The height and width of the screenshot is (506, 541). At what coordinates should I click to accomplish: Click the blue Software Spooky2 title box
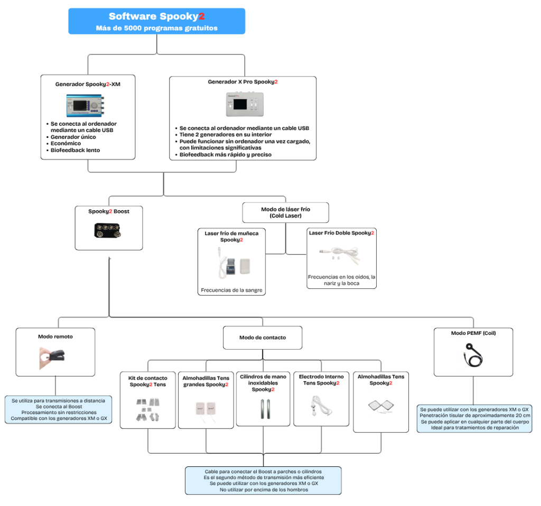click(156, 21)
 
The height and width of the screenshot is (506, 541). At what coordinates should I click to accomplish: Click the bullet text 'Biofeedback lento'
click(75, 150)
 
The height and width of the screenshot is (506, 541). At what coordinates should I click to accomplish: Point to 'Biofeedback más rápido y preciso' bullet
click(225, 155)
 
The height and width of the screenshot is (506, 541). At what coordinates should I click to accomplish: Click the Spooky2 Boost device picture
click(108, 230)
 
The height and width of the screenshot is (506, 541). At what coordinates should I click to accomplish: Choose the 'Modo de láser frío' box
click(285, 213)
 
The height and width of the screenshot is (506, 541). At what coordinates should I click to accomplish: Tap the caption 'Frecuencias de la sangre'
click(231, 290)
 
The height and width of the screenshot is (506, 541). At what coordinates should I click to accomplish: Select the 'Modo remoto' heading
click(55, 336)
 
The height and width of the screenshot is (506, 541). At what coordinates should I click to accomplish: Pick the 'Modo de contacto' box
click(263, 338)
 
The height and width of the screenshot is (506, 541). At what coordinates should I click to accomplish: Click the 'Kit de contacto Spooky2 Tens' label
click(148, 381)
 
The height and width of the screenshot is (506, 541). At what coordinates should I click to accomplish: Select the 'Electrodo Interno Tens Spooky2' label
click(321, 380)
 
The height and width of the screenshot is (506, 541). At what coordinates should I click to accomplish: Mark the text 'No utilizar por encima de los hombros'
click(263, 490)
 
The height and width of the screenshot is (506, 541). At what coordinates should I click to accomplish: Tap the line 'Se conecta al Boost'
click(58, 407)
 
